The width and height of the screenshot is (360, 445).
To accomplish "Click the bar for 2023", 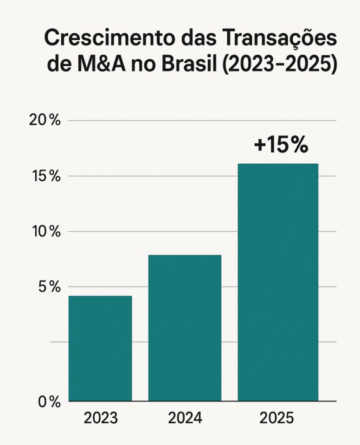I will [x=100, y=349].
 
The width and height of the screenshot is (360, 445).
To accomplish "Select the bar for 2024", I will [x=185, y=328].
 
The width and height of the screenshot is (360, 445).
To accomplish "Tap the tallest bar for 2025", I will [x=278, y=283].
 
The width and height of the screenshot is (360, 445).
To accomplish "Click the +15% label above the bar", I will [x=281, y=145].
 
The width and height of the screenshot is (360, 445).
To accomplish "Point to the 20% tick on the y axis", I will [x=45, y=120].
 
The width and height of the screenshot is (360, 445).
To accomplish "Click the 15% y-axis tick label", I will [x=45, y=176].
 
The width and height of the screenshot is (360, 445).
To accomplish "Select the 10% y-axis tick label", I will [x=45, y=232].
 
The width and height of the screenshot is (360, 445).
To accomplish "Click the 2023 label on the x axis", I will [x=101, y=419].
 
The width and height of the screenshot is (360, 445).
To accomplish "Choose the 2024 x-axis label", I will [x=185, y=419].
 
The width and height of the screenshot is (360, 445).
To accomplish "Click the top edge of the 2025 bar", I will [x=278, y=164].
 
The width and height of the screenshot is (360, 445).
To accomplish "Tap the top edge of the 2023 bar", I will [x=100, y=296].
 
